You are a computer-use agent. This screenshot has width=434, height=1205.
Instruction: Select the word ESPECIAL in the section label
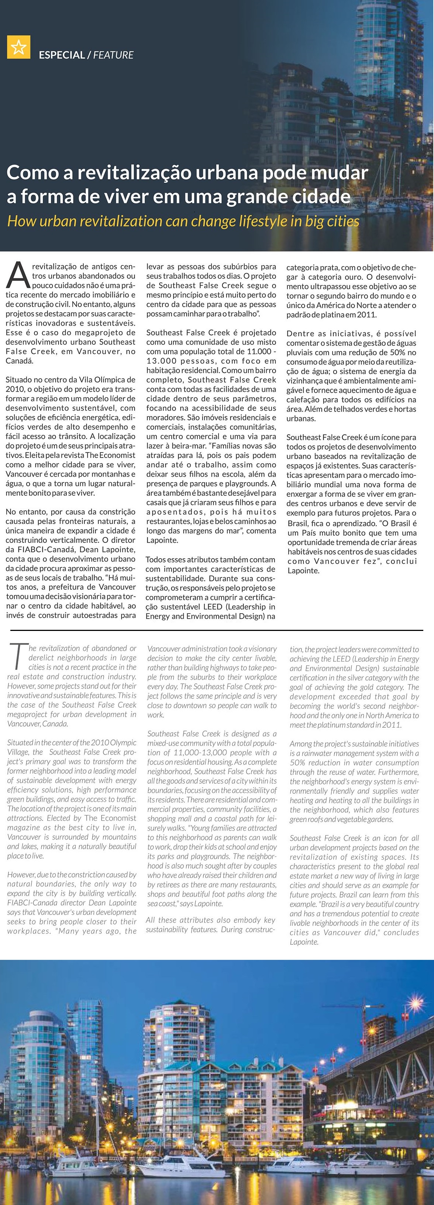(62, 55)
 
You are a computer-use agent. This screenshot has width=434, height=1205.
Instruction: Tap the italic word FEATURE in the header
(113, 55)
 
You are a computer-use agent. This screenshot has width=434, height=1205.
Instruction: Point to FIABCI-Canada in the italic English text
(30, 902)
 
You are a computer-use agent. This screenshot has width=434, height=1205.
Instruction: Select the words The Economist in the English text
(110, 818)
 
